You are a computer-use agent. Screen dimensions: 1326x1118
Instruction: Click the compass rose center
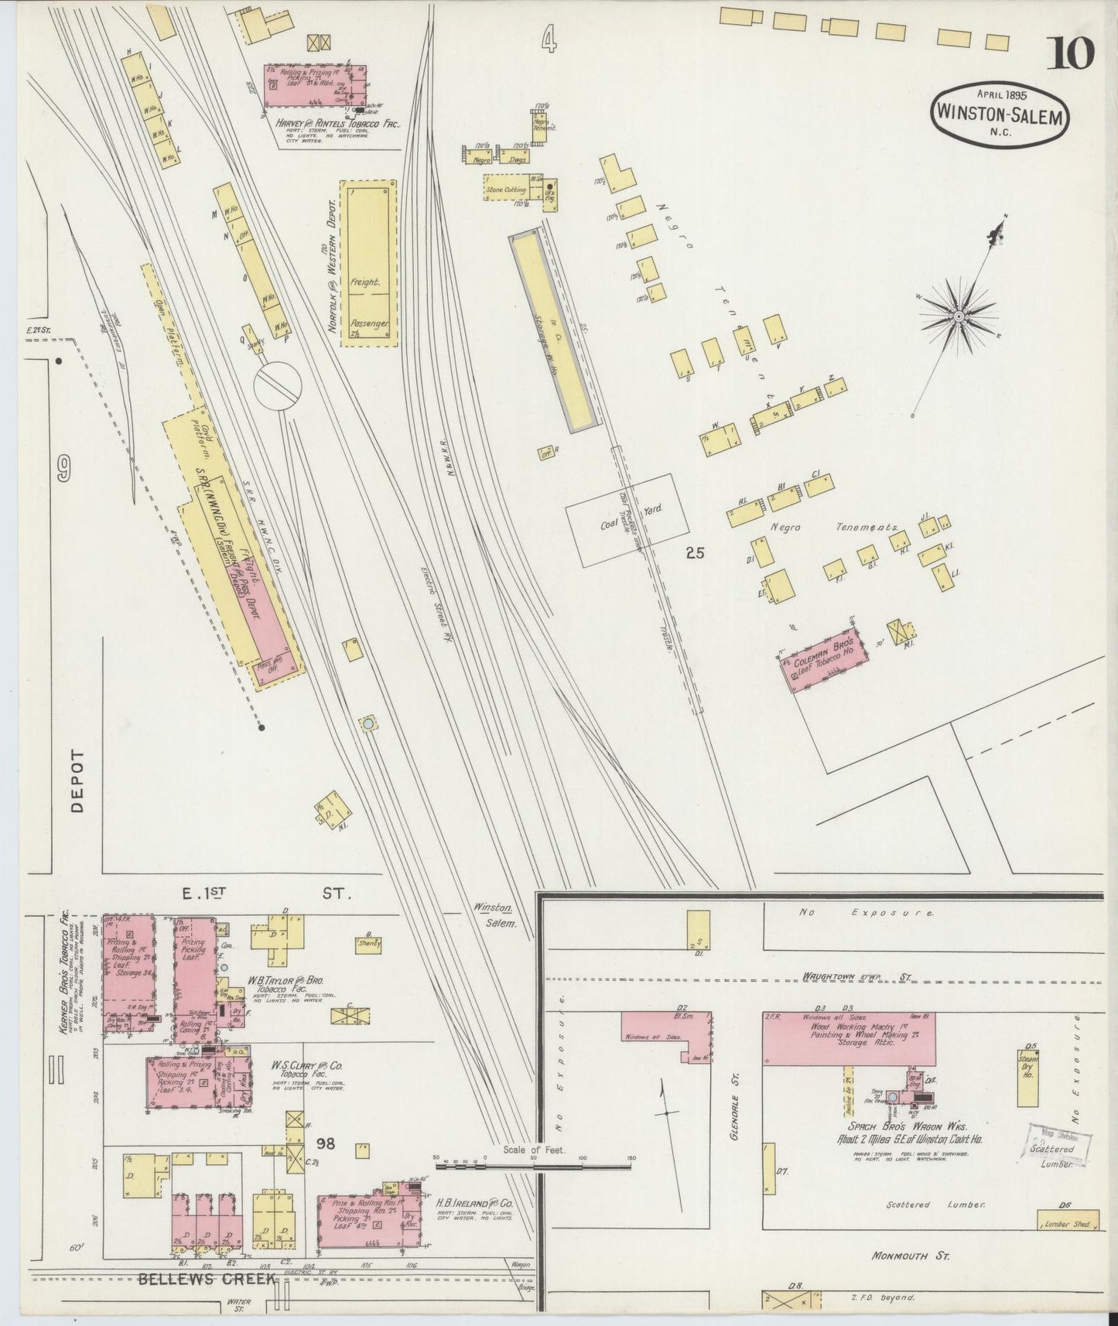(x=958, y=316)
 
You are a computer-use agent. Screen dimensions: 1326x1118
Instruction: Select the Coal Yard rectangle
(x=627, y=520)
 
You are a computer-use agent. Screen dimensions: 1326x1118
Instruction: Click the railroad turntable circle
(x=276, y=384)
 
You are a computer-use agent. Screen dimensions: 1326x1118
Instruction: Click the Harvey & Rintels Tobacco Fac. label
(x=337, y=122)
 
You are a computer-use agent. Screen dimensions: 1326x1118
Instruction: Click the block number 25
(x=695, y=553)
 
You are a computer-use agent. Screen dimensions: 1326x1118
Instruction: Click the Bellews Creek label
(x=206, y=1279)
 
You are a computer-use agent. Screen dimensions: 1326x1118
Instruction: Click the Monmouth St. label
(x=910, y=1256)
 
